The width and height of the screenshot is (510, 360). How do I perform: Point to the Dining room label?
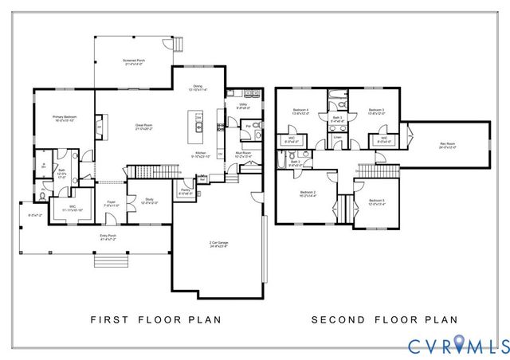point(198,88)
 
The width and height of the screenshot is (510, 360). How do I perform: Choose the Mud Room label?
point(243,153)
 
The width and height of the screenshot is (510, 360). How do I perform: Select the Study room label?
point(148,201)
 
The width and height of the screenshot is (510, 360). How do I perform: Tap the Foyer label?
point(112,203)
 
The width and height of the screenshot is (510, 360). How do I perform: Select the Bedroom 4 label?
point(300,112)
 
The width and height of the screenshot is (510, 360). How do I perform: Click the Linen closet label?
point(338,138)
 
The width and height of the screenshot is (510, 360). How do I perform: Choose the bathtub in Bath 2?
point(282,163)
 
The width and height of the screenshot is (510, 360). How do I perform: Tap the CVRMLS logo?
point(458,344)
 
